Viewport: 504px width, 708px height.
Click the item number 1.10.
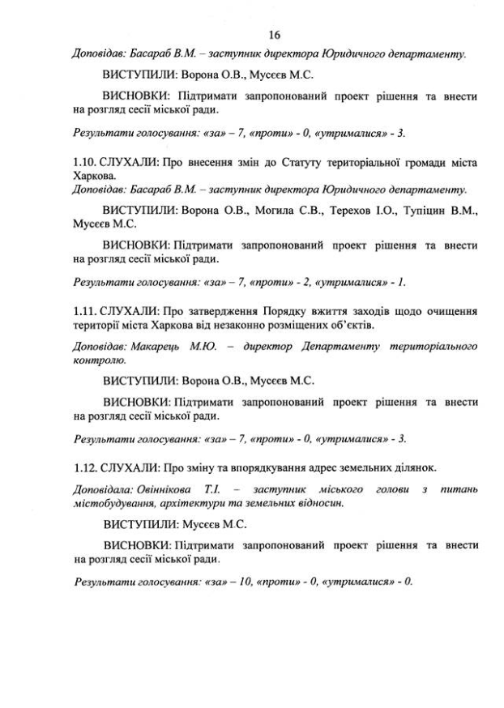pyautogui.click(x=84, y=162)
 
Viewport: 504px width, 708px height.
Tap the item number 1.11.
pyautogui.click(x=84, y=310)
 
